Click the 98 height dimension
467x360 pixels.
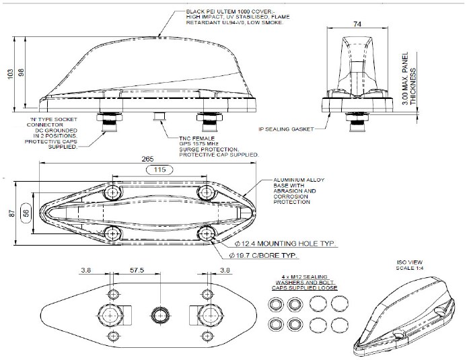(x=22, y=73)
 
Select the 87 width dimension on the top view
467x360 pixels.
(x=10, y=213)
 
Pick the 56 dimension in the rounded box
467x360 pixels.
(x=26, y=213)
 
